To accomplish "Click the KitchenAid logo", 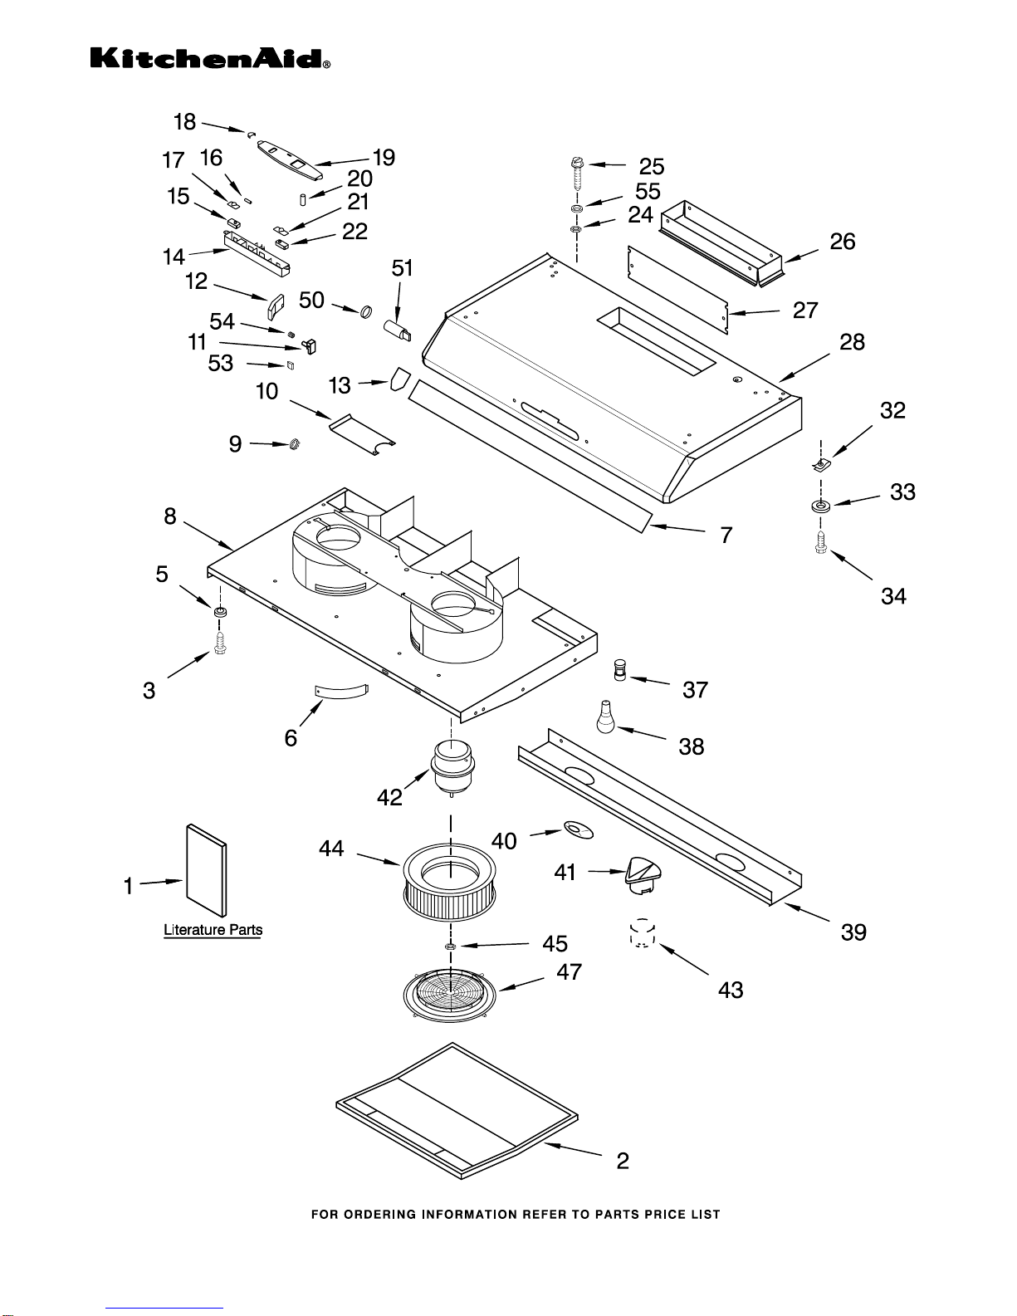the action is [x=210, y=59].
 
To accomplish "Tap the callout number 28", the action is [x=853, y=342].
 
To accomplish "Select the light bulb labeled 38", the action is [x=605, y=717].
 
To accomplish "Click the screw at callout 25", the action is [x=577, y=174].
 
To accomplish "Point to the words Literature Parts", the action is [x=213, y=930].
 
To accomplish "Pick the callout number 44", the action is [x=331, y=848].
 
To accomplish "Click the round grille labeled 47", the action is [x=450, y=995].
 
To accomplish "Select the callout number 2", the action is [x=623, y=1161].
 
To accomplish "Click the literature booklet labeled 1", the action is [x=207, y=870].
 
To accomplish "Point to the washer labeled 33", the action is [x=821, y=506].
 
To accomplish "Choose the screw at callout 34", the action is [x=821, y=542].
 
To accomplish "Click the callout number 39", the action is [x=854, y=932].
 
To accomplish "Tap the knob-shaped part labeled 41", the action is [x=643, y=876].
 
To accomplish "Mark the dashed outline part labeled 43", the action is [x=643, y=932].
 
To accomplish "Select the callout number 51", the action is [x=403, y=267].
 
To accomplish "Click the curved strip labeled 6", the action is [x=342, y=691].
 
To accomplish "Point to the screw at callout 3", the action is [x=220, y=643].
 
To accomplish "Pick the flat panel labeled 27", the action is [x=678, y=290].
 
